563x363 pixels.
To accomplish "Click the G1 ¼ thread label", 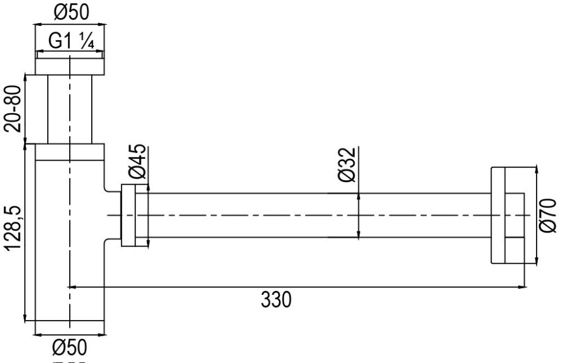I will pos(70,41).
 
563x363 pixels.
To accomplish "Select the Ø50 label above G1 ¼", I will pos(70,11).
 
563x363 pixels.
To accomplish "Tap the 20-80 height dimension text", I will pos(13,108).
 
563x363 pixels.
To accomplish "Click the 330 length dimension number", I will pos(276,300).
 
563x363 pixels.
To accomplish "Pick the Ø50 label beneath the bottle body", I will pos(70,345).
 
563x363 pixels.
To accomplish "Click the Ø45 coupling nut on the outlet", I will pos(134,215).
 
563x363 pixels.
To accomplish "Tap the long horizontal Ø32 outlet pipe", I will pos(315,215).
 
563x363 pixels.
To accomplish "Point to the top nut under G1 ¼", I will pos(70,66).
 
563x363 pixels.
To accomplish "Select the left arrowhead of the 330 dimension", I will pos(73,287).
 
